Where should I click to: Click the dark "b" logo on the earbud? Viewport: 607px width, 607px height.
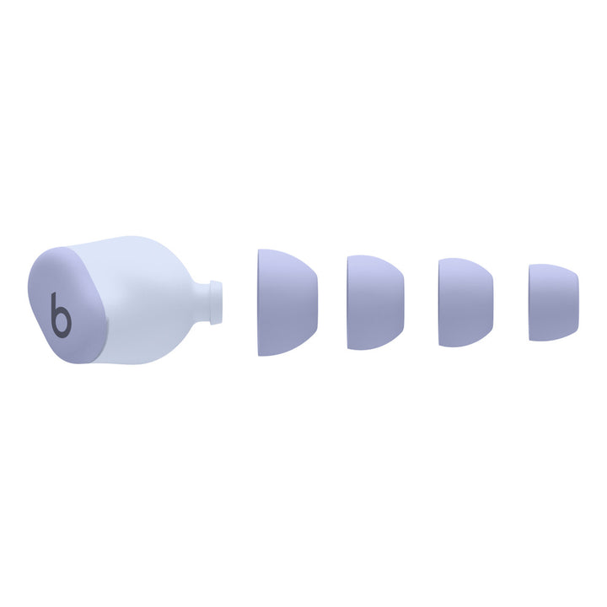tap(61, 315)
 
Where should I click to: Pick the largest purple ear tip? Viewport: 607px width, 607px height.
tap(286, 302)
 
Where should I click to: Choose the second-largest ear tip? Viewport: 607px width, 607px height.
tap(374, 302)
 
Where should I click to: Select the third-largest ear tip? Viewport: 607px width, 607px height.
tap(465, 303)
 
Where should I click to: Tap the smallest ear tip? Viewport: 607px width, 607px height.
tap(553, 303)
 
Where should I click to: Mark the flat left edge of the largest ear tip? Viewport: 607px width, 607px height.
tap(260, 302)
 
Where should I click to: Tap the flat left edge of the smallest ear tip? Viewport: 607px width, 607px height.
tap(530, 303)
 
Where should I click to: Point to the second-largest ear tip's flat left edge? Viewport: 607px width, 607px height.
tap(349, 302)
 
